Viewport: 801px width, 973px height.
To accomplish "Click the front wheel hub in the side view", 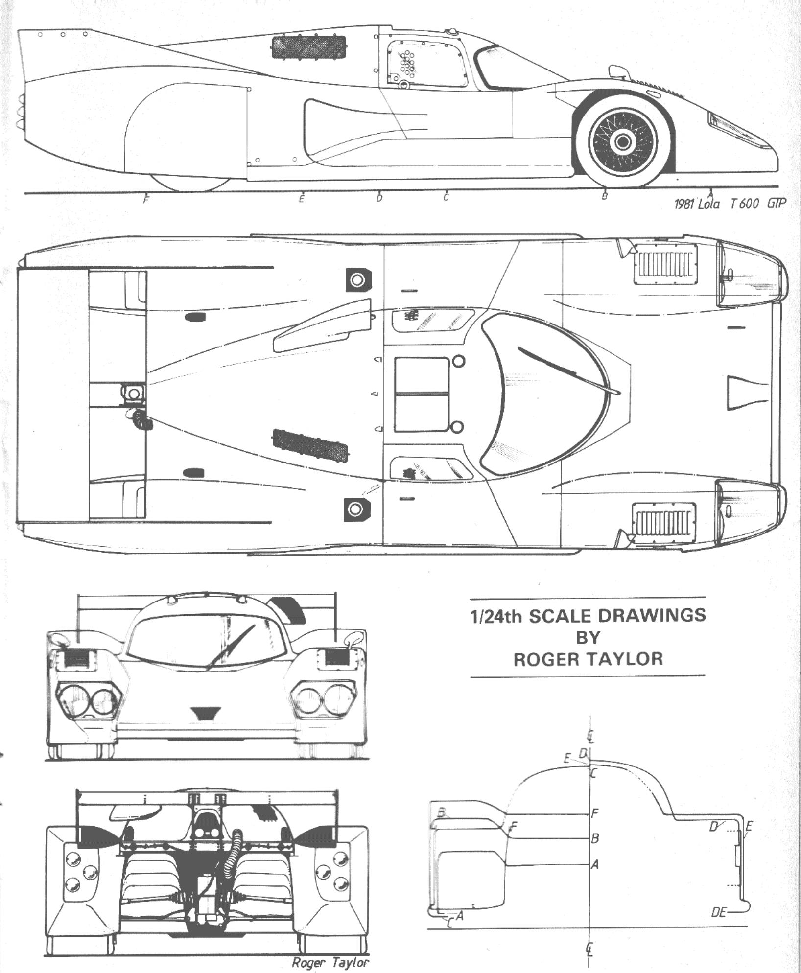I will [x=622, y=142].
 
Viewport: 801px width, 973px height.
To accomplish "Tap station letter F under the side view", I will [x=146, y=200].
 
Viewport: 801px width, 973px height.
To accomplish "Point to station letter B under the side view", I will [x=605, y=196].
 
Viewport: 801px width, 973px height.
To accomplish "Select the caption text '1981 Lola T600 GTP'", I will [x=729, y=204].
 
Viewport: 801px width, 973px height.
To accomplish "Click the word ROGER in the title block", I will [x=548, y=659].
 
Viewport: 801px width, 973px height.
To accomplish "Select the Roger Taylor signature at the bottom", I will [x=330, y=963].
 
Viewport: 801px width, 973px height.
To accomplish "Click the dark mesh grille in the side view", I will [x=308, y=47].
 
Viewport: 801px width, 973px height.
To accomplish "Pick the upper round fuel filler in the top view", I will [x=358, y=280].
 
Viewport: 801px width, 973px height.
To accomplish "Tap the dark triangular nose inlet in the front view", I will [x=206, y=714].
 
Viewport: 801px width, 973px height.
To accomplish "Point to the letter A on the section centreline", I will [x=595, y=865].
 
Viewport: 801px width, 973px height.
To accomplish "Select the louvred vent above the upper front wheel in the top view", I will [x=665, y=263].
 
